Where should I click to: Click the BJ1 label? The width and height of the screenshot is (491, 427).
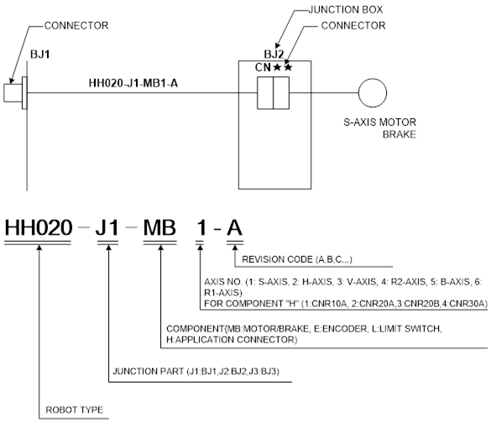[x=40, y=55]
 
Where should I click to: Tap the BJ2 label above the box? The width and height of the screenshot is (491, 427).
[x=274, y=55]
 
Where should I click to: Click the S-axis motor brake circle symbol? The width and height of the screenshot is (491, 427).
[x=373, y=93]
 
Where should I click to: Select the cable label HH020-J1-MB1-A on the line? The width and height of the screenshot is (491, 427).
[x=133, y=83]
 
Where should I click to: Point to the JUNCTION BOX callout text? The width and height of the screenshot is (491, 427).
[x=346, y=10]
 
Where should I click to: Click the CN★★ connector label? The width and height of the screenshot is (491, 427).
[x=274, y=67]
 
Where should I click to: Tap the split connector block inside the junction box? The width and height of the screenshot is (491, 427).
[x=273, y=93]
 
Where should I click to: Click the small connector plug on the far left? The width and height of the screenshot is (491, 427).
[x=15, y=93]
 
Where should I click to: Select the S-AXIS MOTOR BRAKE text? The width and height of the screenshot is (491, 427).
[x=380, y=128]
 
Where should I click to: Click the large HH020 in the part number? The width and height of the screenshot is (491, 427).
[x=39, y=227]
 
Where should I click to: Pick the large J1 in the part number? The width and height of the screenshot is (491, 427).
[x=107, y=227]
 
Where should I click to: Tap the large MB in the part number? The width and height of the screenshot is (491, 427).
[x=159, y=227]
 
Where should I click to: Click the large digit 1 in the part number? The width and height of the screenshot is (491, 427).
[x=201, y=227]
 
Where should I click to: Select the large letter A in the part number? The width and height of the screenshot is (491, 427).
[x=234, y=227]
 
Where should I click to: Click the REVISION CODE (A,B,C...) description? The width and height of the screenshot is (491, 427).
[x=297, y=259]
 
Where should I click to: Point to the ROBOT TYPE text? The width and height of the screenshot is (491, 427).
[x=75, y=409]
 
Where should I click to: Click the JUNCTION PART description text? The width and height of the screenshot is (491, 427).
[x=196, y=372]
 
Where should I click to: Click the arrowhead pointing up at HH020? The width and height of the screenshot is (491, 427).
[x=39, y=247]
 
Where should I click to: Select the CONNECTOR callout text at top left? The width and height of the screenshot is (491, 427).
[x=76, y=25]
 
